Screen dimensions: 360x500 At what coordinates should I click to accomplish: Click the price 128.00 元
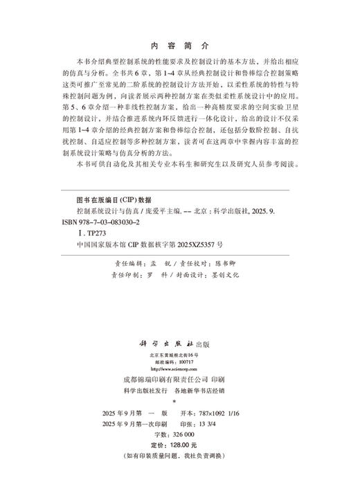(181, 444)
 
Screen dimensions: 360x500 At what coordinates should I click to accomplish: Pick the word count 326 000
(185, 433)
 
